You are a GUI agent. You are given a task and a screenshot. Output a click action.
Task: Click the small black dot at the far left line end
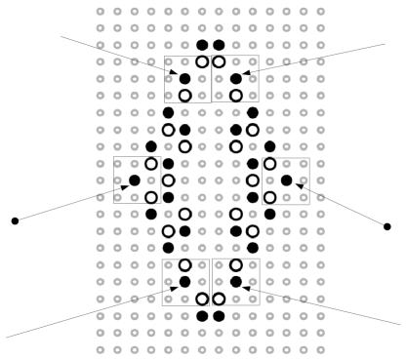tap(15, 220)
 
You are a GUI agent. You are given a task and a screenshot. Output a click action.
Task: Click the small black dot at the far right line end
tap(387, 226)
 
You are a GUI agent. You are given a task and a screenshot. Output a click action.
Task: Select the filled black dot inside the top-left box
tap(184, 78)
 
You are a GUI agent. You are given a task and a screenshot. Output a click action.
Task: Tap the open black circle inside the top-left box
tap(184, 96)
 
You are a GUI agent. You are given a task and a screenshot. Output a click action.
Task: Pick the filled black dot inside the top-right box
tap(235, 78)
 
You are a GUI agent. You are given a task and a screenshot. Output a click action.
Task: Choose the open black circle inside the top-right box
tap(235, 96)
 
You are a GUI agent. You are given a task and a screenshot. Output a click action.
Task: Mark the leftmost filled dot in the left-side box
tap(134, 180)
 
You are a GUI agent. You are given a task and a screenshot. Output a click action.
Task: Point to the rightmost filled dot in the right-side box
tap(286, 180)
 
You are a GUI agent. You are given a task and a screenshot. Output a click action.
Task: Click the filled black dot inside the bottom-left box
tap(184, 282)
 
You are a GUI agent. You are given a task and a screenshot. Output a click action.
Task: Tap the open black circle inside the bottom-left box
tap(184, 264)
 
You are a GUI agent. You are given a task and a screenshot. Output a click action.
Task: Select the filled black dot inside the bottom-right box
tap(235, 282)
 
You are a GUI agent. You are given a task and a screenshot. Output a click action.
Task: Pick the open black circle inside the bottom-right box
tap(235, 264)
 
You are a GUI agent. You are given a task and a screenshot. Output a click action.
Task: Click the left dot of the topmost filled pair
tap(202, 45)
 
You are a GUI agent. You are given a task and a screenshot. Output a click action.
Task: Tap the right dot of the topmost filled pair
tap(219, 45)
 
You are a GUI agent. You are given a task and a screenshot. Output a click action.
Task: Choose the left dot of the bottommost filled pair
tap(202, 316)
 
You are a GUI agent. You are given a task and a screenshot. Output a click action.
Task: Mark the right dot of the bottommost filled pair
tap(219, 316)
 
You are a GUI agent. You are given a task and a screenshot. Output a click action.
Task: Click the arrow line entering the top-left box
tap(117, 55)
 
